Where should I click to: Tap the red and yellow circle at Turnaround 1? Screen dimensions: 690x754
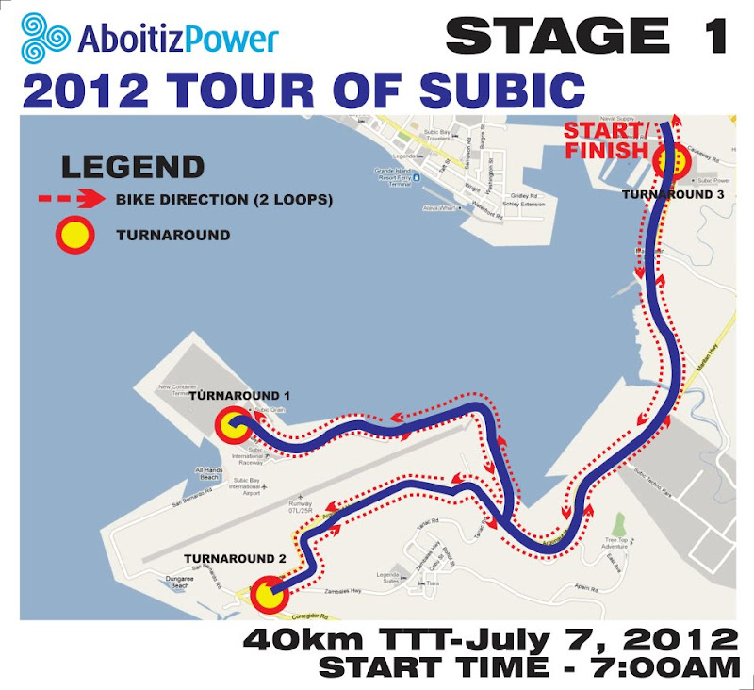click(233, 427)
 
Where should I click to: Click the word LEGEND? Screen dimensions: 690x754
click(132, 167)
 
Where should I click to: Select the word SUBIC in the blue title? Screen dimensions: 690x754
click(505, 90)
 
